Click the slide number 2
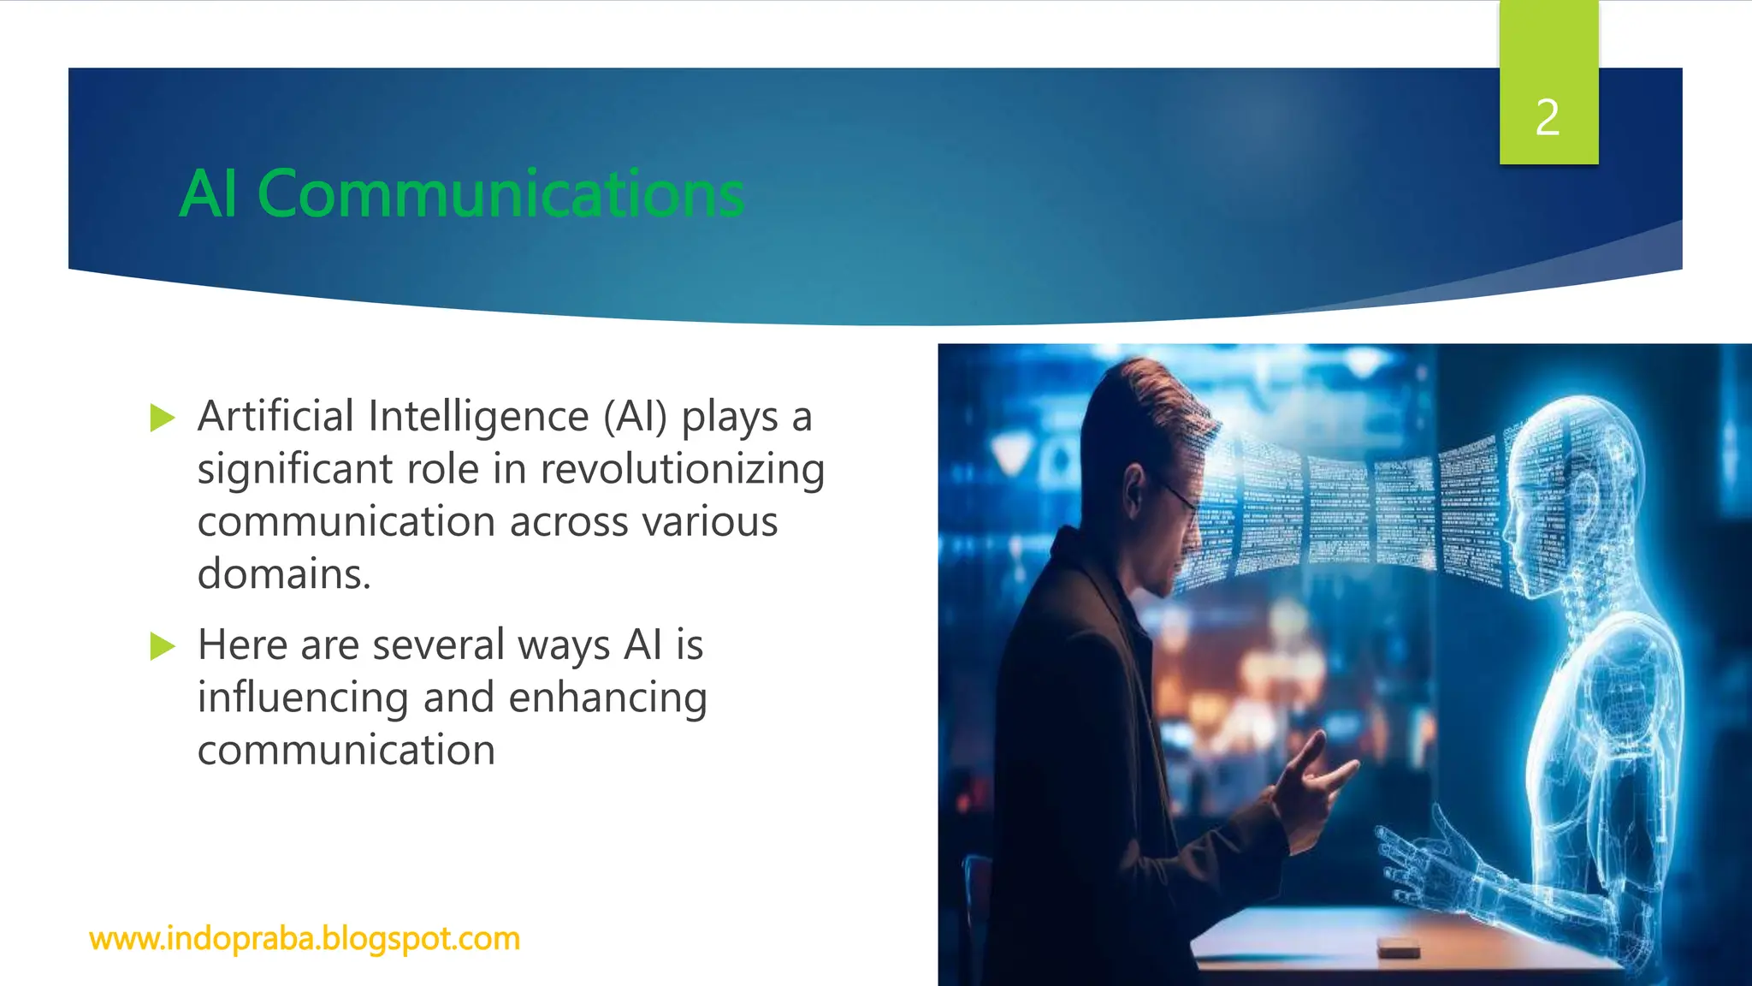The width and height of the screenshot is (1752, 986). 1548,117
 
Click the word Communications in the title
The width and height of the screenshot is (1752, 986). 500,194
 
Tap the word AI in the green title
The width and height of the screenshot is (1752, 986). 208,194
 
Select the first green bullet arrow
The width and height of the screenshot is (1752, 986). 162,418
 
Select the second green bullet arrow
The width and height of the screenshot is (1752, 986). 162,646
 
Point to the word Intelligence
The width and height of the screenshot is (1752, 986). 478,417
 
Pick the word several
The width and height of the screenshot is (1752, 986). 438,644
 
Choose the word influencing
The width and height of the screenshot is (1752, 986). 303,698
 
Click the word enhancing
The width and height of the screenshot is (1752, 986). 607,698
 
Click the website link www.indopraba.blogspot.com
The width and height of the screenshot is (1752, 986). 305,939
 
